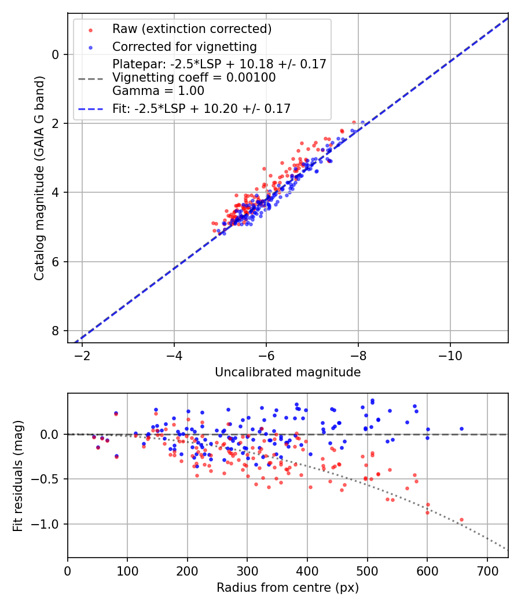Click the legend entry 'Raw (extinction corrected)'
[192, 29]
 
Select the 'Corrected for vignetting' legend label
[185, 46]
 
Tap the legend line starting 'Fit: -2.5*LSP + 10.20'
[201, 108]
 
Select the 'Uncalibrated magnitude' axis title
[288, 372]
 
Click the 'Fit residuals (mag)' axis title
[18, 475]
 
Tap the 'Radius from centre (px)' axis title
[288, 588]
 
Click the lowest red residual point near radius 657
[461, 520]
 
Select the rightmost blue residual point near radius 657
[461, 429]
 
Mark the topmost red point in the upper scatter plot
[354, 123]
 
